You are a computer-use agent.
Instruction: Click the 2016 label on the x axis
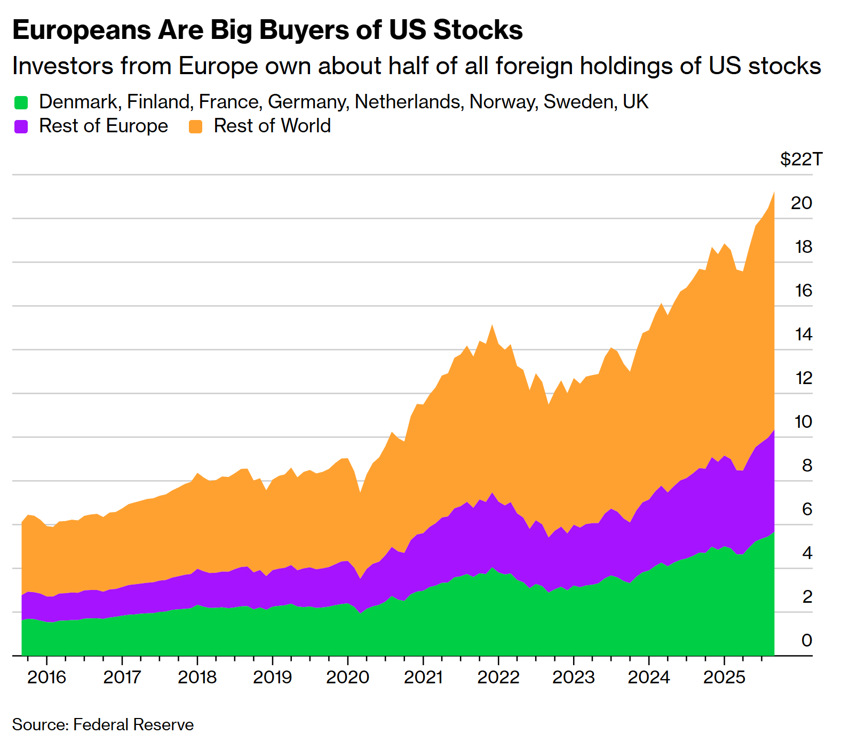pyautogui.click(x=46, y=677)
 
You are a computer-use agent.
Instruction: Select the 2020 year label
pyautogui.click(x=347, y=677)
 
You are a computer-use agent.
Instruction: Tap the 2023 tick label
pyautogui.click(x=573, y=677)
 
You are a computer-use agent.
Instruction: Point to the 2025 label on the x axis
pyautogui.click(x=724, y=677)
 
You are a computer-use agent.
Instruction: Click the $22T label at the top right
pyautogui.click(x=801, y=159)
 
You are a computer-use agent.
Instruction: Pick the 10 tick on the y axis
pyautogui.click(x=803, y=422)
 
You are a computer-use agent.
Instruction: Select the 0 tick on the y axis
pyautogui.click(x=806, y=640)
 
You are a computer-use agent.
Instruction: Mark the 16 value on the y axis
pyautogui.click(x=803, y=291)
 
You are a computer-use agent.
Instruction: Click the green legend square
pyautogui.click(x=21, y=102)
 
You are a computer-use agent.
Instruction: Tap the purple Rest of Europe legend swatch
pyautogui.click(x=21, y=126)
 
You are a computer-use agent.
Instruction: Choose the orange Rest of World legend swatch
pyautogui.click(x=196, y=126)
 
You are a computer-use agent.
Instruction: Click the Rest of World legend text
pyautogui.click(x=272, y=126)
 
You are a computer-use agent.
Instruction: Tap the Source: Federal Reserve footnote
pyautogui.click(x=103, y=724)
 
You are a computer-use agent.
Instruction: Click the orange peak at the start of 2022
pyautogui.click(x=492, y=325)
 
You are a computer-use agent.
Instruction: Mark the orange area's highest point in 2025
pyautogui.click(x=774, y=193)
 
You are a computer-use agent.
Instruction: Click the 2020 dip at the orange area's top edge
pyautogui.click(x=360, y=492)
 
